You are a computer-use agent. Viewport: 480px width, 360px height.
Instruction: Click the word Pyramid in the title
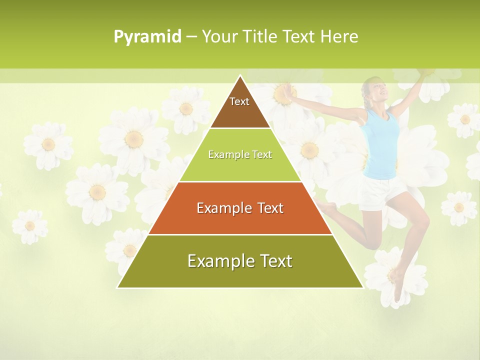pyautogui.click(x=147, y=37)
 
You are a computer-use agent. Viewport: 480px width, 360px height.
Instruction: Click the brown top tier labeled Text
pyautogui.click(x=240, y=107)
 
